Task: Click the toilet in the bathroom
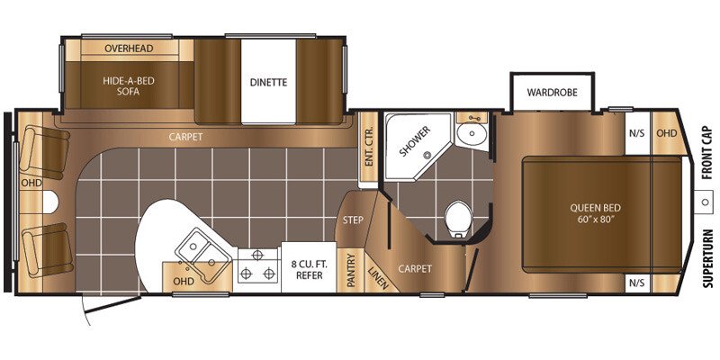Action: (x=458, y=219)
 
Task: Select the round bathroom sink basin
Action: (x=472, y=133)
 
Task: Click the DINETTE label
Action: (x=268, y=82)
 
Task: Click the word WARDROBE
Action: (x=552, y=92)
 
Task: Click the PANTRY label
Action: (x=351, y=270)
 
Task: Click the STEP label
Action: (x=353, y=220)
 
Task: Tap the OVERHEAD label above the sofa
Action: (x=129, y=49)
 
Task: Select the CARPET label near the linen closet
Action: (x=415, y=268)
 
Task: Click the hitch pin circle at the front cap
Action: (x=704, y=202)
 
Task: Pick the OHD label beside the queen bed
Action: (x=666, y=133)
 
